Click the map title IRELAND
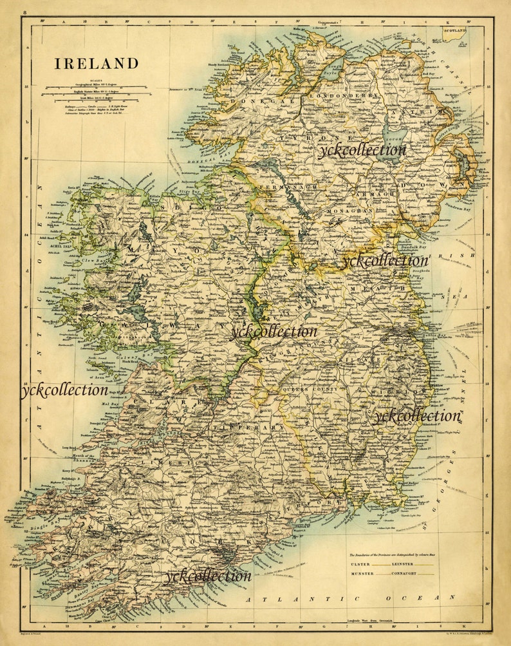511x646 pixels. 96,64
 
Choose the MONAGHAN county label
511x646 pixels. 349,210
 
